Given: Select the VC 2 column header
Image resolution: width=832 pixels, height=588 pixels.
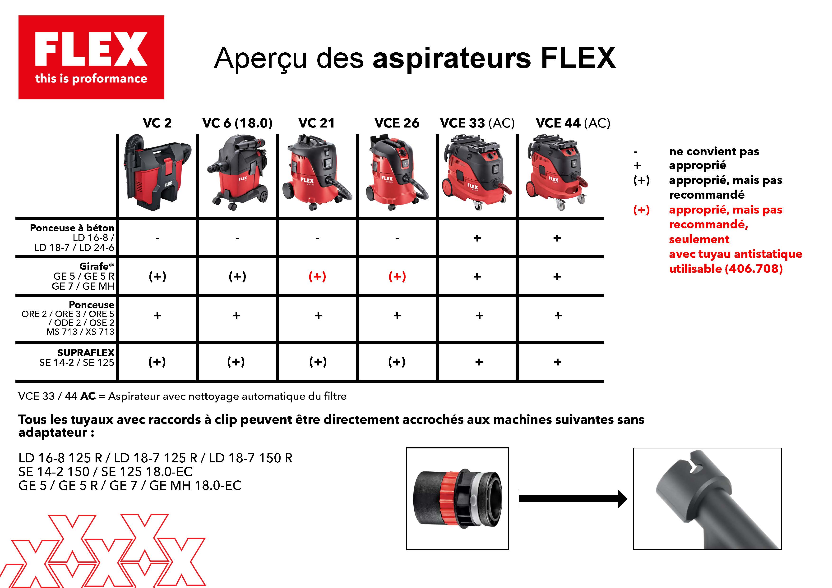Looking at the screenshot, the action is pos(157,123).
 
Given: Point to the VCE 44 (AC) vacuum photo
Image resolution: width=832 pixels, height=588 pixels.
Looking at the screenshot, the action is pos(557,172).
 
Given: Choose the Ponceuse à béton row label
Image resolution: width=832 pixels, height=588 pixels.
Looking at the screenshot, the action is pos(72,228).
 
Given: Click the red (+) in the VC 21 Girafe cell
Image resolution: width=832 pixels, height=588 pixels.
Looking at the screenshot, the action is pos(317,277).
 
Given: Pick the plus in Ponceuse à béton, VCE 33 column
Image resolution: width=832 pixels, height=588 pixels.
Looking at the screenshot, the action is pos(477,238).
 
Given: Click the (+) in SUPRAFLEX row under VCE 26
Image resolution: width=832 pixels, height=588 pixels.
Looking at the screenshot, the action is pos(397,362).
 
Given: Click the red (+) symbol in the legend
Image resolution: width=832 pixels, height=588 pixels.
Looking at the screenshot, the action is pos(641,210).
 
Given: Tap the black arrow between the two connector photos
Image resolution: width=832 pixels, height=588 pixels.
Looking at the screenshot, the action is pos(573,499).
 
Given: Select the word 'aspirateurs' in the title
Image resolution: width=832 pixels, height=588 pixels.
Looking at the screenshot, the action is pos(452,58).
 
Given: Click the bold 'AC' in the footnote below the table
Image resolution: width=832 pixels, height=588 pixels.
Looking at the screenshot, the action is pos(88,396).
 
